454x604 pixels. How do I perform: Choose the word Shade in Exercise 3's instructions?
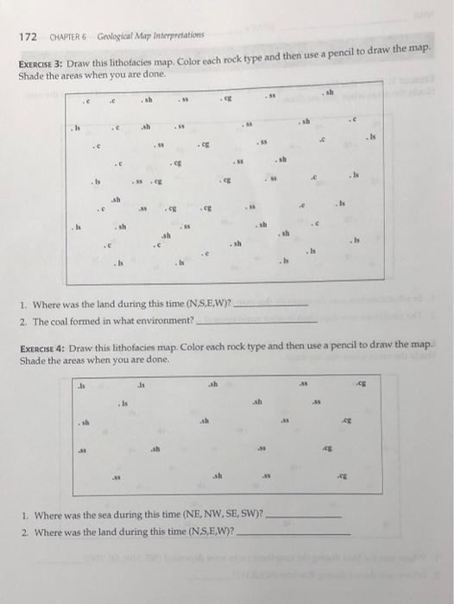[30, 79]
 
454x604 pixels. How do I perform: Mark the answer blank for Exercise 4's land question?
[293, 532]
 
